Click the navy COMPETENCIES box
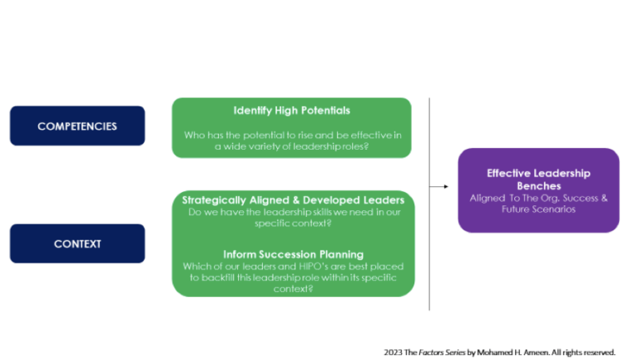77,126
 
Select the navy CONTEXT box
77,244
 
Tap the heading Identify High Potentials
292,111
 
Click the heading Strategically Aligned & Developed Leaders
293,200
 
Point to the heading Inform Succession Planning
292,254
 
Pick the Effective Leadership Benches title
538,180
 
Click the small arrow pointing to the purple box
438,186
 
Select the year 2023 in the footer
393,352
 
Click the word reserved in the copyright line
597,352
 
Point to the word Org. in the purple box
540,198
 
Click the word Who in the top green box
194,134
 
